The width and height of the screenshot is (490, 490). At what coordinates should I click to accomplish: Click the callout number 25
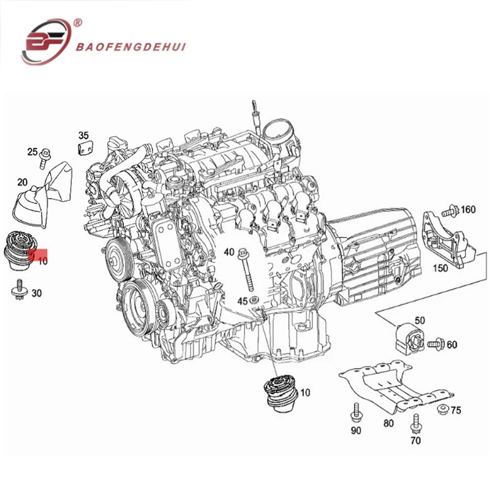tap(32, 151)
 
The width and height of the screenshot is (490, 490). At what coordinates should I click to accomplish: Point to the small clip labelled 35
tap(85, 148)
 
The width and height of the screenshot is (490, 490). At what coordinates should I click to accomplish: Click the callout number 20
tap(22, 182)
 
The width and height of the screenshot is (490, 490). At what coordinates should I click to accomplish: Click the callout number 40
tap(229, 252)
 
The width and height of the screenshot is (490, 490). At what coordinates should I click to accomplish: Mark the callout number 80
tap(389, 422)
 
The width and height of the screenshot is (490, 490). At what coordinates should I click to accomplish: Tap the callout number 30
tap(37, 293)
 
